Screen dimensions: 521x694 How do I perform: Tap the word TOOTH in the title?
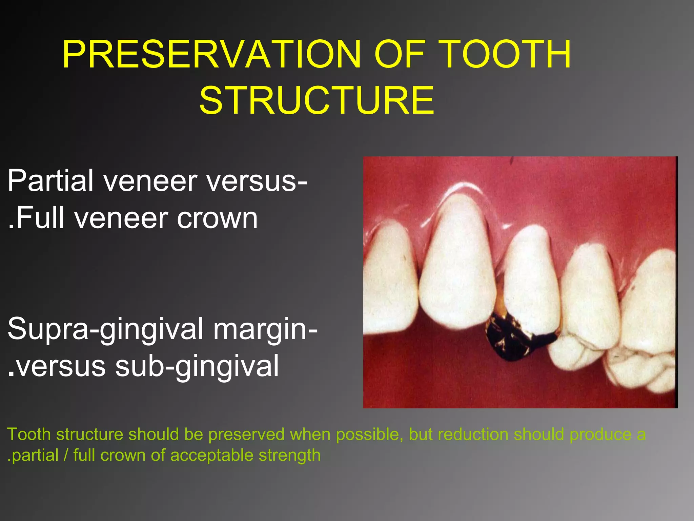(x=506, y=54)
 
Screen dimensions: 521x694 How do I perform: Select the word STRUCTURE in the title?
(x=317, y=100)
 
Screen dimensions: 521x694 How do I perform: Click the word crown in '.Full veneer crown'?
(x=217, y=218)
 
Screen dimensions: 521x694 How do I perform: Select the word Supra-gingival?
(x=105, y=329)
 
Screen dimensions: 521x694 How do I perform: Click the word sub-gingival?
(x=197, y=366)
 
